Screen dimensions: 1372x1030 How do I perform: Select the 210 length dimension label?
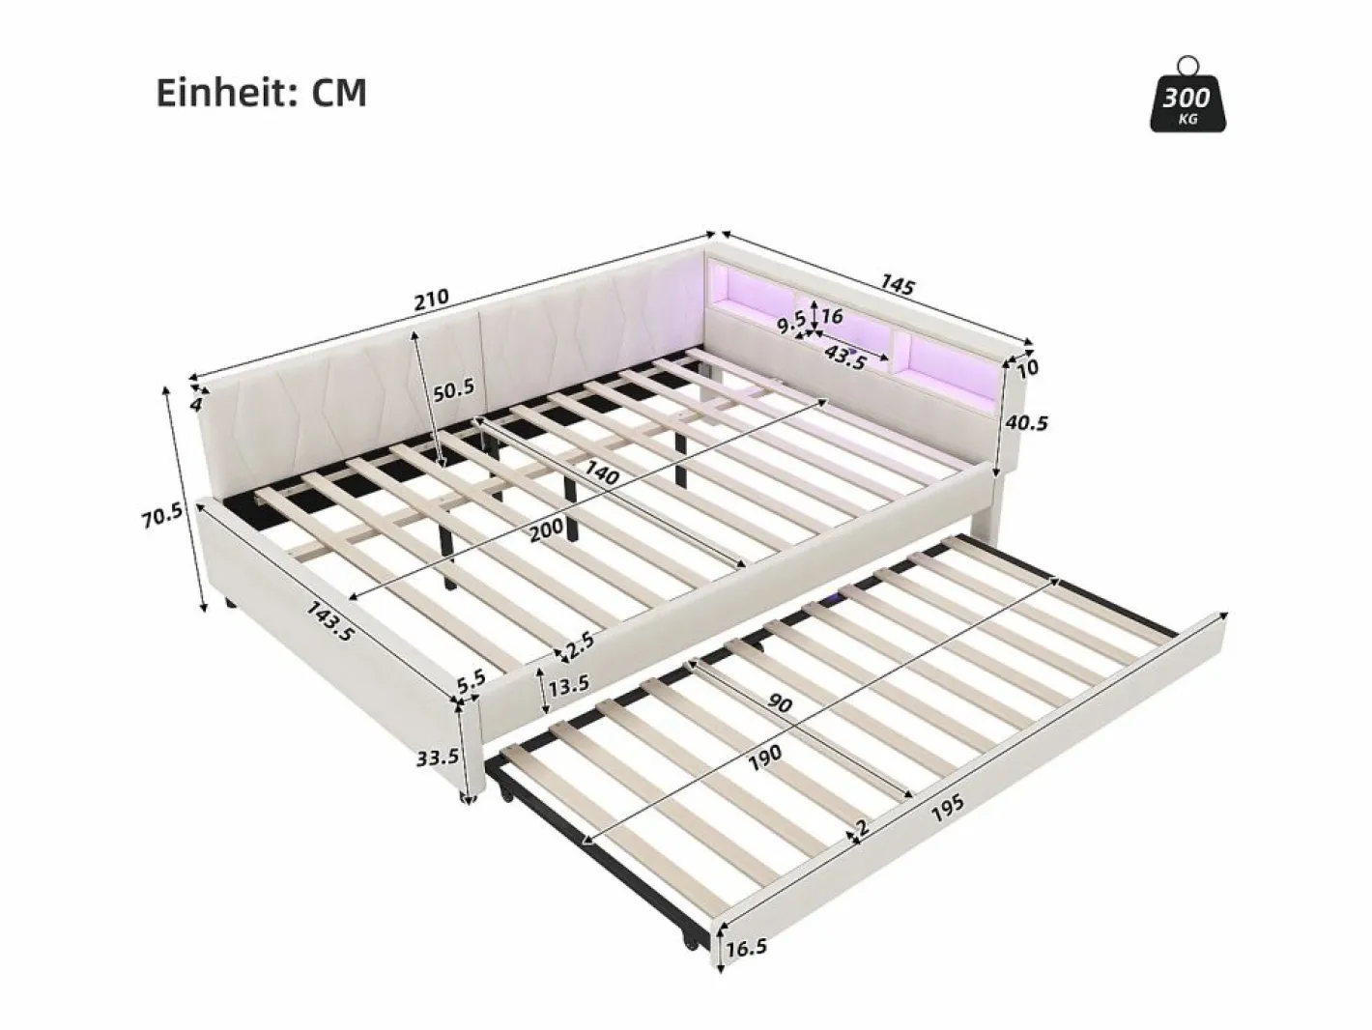click(431, 299)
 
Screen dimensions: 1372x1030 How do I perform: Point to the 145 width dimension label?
click(898, 285)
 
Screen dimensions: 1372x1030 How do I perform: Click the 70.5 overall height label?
click(162, 516)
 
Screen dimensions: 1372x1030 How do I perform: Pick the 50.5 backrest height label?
click(454, 389)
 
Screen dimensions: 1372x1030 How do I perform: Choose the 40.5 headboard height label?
click(1026, 423)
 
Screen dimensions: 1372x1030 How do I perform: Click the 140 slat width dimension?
click(601, 472)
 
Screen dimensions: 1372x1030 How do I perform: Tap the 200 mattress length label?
click(547, 530)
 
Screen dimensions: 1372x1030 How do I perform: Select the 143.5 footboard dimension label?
click(330, 620)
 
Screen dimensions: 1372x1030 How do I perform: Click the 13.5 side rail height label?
click(568, 685)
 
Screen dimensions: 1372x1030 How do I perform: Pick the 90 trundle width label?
click(780, 703)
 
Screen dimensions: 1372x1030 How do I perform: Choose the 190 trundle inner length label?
click(765, 758)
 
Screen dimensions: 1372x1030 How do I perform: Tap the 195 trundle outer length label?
click(948, 809)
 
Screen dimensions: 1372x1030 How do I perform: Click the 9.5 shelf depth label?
click(790, 325)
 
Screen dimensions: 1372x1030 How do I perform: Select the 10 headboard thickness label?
click(1028, 367)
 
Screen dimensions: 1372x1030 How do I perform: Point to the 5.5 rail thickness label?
click(471, 680)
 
